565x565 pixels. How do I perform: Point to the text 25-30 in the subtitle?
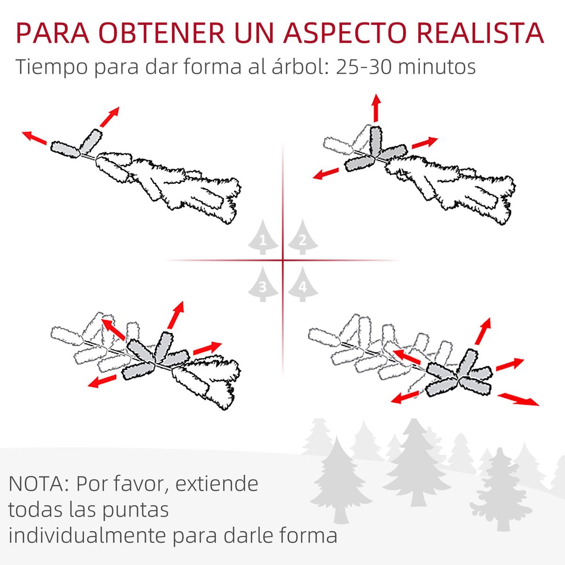363,67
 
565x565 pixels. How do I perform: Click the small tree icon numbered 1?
263,238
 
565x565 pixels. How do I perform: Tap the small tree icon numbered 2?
303,238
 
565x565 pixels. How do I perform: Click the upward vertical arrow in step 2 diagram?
376,108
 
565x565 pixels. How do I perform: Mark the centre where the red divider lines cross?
282,260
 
